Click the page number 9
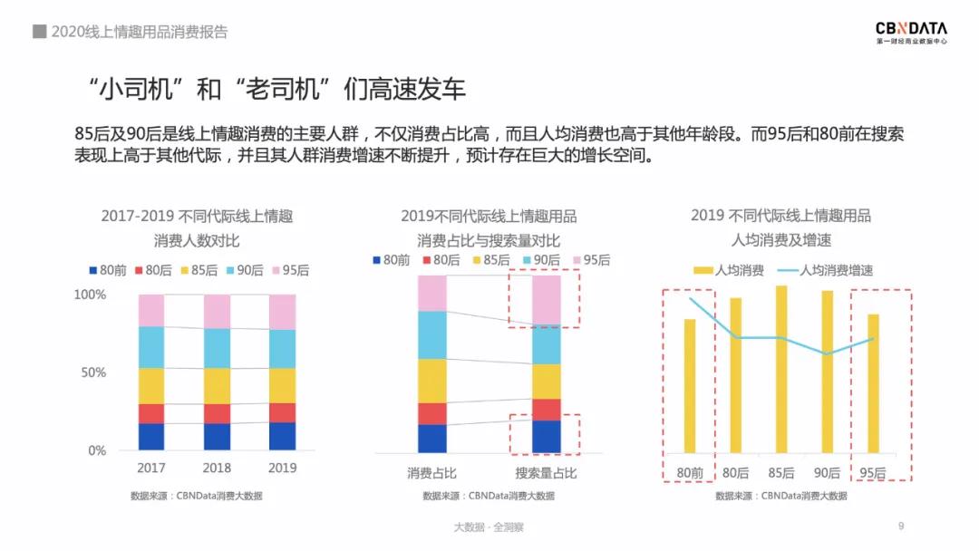click(x=900, y=526)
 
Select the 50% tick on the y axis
click(x=90, y=372)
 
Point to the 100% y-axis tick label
click(x=90, y=295)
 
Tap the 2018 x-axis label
click(x=218, y=468)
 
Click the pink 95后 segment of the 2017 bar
click(x=151, y=310)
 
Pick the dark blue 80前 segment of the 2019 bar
click(x=283, y=436)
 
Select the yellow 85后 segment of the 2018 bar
click(x=218, y=386)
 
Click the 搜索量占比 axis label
click(x=546, y=473)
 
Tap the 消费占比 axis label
click(x=432, y=473)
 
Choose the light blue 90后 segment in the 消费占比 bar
click(x=432, y=334)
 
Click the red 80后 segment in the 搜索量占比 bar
click(x=546, y=410)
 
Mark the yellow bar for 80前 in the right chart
click(x=690, y=386)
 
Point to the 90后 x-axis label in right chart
click(x=826, y=473)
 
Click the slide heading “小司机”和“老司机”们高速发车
click(x=272, y=89)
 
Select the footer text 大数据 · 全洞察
click(x=489, y=527)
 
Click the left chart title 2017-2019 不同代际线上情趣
click(x=197, y=217)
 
